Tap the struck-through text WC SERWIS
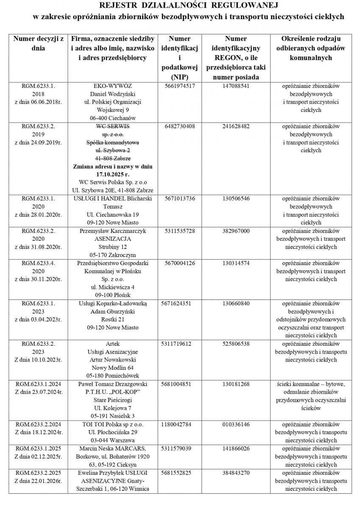coord(113,126)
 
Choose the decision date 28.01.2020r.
coord(39,215)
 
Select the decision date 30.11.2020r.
coord(39,279)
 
